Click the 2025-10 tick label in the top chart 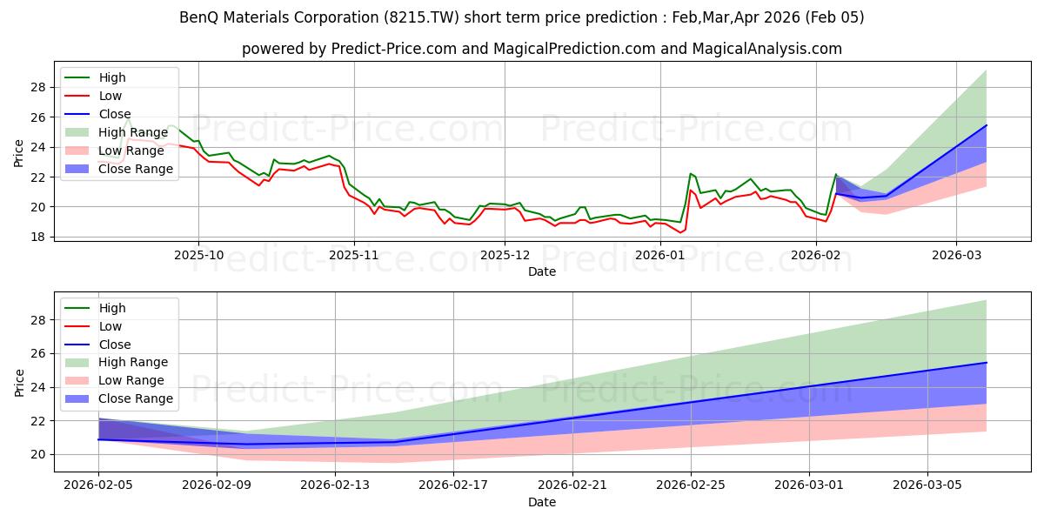click(198, 255)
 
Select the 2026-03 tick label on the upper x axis click(956, 255)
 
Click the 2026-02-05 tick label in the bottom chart click(98, 485)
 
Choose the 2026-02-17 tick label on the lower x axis click(453, 485)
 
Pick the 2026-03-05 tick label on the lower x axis click(927, 485)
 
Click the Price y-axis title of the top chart click(19, 152)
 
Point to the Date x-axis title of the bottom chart click(542, 502)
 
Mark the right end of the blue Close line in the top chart click(986, 125)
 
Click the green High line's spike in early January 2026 click(690, 173)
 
